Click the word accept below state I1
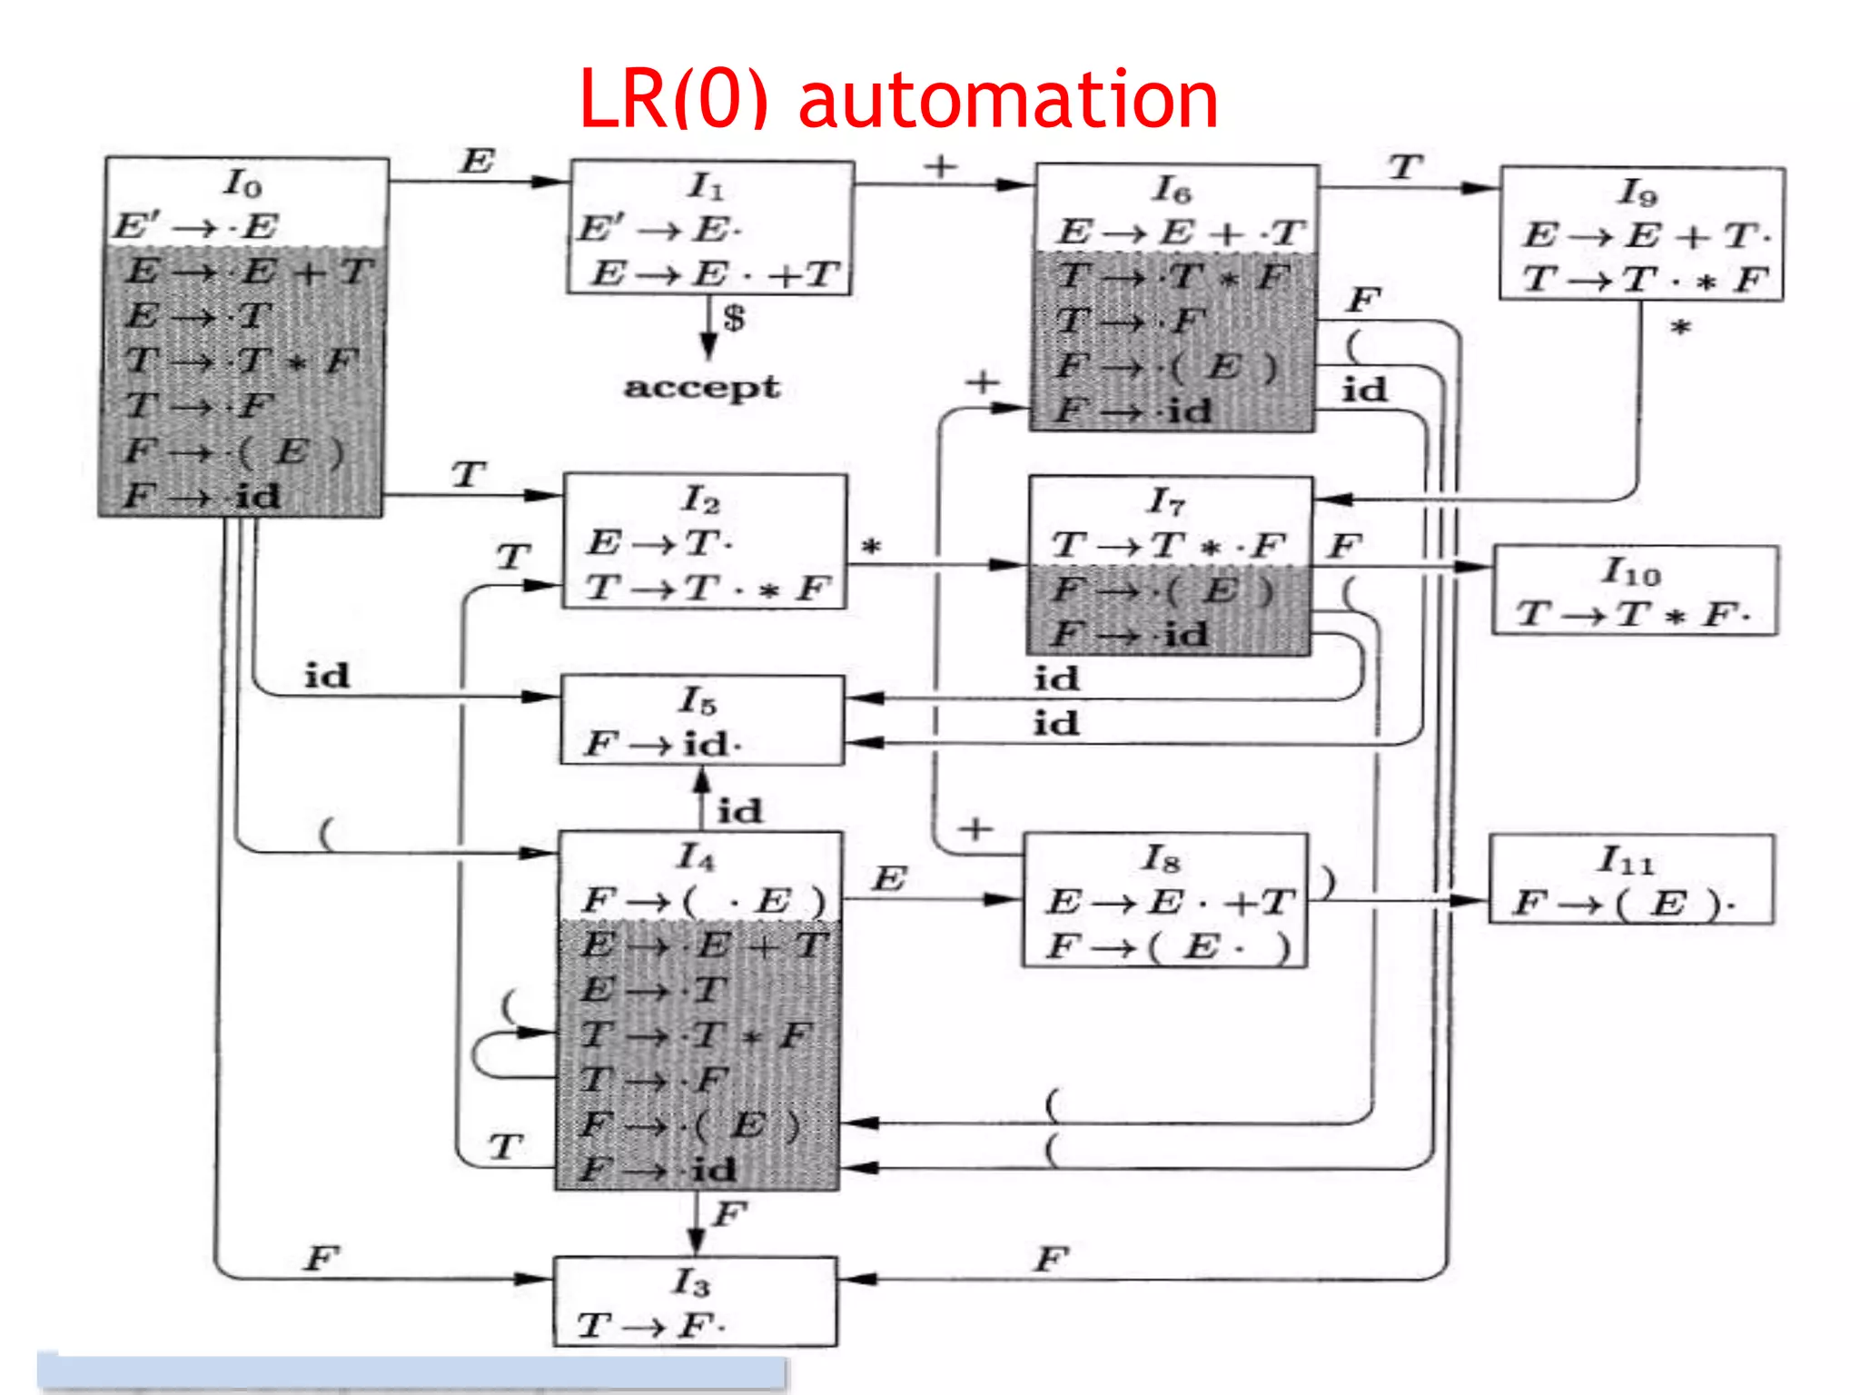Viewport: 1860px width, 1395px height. click(700, 387)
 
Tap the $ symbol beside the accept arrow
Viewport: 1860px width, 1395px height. click(733, 318)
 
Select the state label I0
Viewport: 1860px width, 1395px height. click(242, 184)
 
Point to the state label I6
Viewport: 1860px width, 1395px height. click(1172, 190)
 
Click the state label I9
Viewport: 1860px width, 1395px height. click(1637, 193)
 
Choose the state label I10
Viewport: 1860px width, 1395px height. click(1631, 571)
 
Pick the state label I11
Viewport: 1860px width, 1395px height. click(1626, 859)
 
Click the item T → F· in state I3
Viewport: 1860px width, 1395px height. click(650, 1326)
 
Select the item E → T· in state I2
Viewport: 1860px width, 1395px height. click(659, 543)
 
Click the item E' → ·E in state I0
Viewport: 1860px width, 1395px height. click(196, 226)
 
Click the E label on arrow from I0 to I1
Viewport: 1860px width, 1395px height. click(477, 162)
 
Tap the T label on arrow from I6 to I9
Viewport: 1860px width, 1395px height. click(1404, 167)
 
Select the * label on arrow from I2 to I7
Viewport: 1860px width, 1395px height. click(871, 548)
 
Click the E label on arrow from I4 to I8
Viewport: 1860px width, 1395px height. click(888, 878)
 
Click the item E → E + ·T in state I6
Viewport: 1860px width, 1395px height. click(1181, 232)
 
